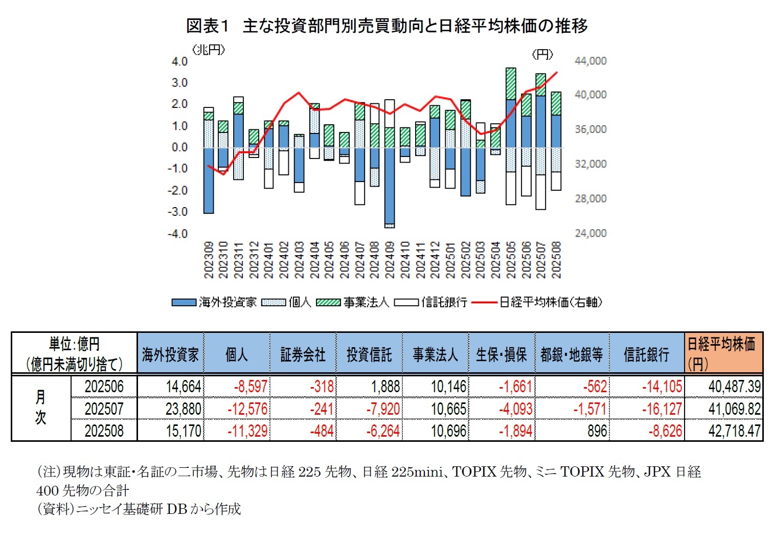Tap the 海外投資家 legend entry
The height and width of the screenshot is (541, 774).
[214, 302]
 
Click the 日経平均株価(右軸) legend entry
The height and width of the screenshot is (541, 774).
[537, 302]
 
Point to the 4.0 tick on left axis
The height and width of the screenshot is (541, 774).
[179, 61]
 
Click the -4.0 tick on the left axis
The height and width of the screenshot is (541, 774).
[178, 234]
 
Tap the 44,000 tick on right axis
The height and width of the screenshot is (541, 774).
[590, 61]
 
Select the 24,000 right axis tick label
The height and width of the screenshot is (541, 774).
[590, 233]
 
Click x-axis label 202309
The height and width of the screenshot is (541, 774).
[209, 260]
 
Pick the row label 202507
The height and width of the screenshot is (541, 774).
[104, 409]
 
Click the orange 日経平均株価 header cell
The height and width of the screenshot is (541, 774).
[723, 353]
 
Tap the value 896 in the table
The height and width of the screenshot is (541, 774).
[597, 431]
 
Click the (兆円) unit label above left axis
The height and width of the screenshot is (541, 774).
[209, 50]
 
